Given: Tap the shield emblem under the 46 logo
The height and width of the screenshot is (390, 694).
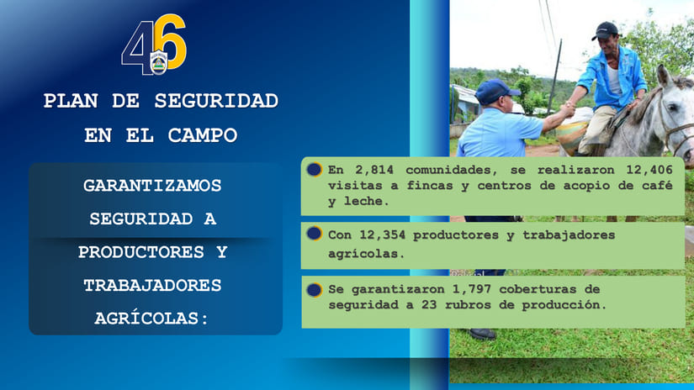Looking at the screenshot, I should pos(158,62).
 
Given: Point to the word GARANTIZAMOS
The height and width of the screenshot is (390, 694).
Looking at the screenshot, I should pos(152,185).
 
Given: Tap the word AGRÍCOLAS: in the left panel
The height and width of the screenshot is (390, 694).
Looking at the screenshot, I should pos(152,319).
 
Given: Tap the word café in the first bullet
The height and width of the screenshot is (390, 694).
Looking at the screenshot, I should pos(656,186).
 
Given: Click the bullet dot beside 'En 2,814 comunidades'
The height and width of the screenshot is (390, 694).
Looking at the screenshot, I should pos(315,170).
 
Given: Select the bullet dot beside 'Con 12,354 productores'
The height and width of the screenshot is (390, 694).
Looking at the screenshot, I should pos(315,234).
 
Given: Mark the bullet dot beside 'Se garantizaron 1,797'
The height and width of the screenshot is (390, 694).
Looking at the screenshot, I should pos(315,289).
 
